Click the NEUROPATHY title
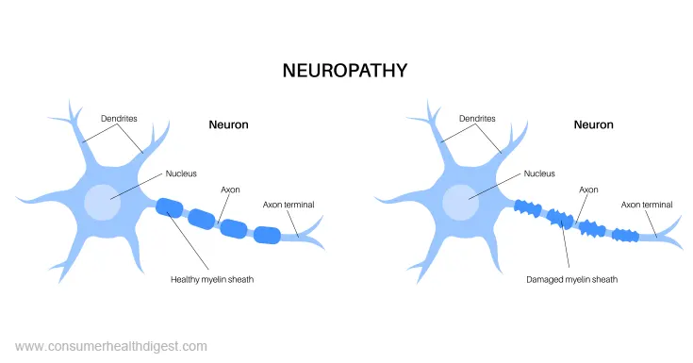pyautogui.click(x=345, y=71)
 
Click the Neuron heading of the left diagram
pyautogui.click(x=229, y=124)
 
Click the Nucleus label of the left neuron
pyautogui.click(x=181, y=173)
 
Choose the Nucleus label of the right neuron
pyautogui.click(x=539, y=173)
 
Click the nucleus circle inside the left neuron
pyautogui.click(x=102, y=202)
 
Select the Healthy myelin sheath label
pyautogui.click(x=213, y=279)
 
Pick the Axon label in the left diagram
pyautogui.click(x=230, y=190)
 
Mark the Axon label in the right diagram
pyautogui.click(x=588, y=190)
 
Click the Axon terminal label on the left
pyautogui.click(x=289, y=204)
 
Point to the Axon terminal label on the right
pyautogui.click(x=648, y=204)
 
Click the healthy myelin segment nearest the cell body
pyautogui.click(x=170, y=208)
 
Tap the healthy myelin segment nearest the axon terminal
pyautogui.click(x=267, y=236)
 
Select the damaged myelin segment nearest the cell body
pyautogui.click(x=526, y=209)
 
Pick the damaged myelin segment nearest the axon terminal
pyautogui.click(x=624, y=235)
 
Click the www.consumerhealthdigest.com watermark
pyautogui.click(x=111, y=346)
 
